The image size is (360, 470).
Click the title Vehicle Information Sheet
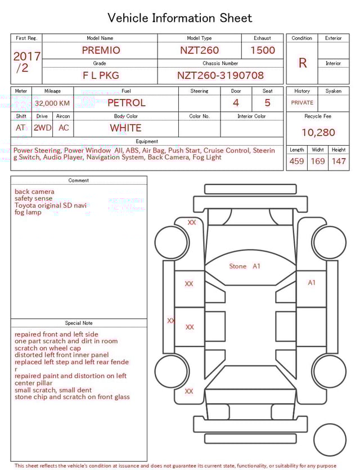(179, 18)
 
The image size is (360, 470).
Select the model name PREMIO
(101, 50)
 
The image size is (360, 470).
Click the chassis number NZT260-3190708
(220, 75)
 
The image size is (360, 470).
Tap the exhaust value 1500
(263, 50)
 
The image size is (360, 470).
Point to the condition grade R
(302, 63)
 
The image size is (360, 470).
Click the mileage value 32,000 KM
(52, 104)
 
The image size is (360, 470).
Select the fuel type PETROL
(126, 103)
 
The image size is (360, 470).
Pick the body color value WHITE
(125, 128)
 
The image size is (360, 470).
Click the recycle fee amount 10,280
(318, 133)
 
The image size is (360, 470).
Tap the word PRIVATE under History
(302, 103)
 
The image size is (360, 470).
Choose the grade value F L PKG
(101, 75)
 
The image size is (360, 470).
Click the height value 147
(339, 162)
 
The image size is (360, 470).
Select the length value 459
(296, 162)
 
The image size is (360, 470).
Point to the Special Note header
(79, 323)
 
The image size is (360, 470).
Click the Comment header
(79, 181)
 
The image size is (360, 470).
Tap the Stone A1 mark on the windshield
(245, 266)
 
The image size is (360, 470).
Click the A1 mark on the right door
(312, 283)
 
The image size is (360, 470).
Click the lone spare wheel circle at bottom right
(330, 440)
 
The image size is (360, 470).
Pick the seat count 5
(267, 103)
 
